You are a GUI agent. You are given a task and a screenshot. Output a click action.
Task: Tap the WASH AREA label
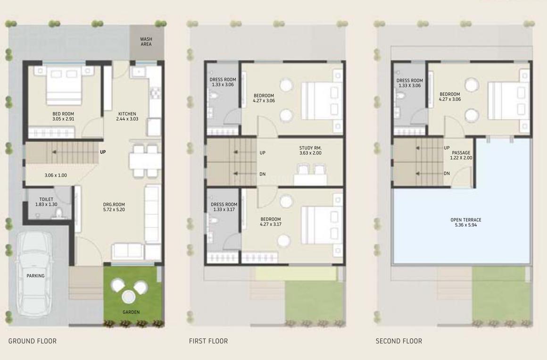click(x=146, y=42)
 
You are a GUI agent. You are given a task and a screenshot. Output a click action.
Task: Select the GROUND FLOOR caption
click(x=33, y=341)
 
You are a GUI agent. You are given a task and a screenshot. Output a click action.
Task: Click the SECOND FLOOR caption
click(x=398, y=341)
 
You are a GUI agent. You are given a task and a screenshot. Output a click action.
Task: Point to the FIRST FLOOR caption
click(x=208, y=341)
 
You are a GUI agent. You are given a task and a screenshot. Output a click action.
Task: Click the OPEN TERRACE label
click(x=466, y=220)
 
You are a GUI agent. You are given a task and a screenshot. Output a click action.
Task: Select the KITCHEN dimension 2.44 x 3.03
click(x=127, y=119)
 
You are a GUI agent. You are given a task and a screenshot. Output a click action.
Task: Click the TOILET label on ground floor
click(x=46, y=200)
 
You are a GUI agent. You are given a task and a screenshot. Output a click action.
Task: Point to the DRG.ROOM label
click(x=114, y=204)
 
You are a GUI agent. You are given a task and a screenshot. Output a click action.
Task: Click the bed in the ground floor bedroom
click(x=65, y=85)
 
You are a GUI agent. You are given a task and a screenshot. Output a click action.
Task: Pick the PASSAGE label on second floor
click(x=461, y=153)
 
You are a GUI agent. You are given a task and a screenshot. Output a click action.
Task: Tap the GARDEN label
click(x=131, y=312)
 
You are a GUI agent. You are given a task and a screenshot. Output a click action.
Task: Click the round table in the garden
click(x=128, y=297)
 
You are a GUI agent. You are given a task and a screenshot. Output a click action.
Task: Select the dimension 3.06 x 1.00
click(x=56, y=176)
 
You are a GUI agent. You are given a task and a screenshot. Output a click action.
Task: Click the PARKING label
click(x=35, y=276)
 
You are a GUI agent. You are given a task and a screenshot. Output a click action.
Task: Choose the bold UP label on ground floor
click(x=103, y=152)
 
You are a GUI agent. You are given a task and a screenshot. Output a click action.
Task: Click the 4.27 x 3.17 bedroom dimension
click(x=271, y=225)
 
